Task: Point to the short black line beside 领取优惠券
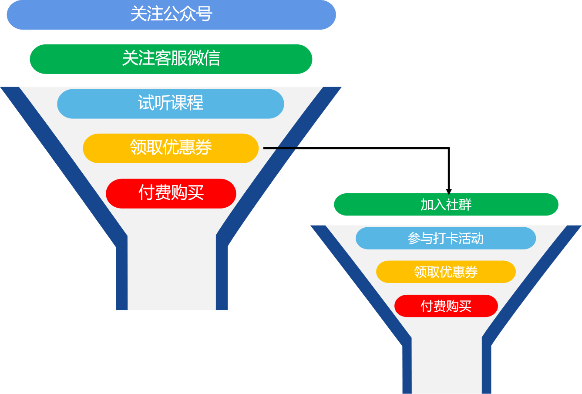[x=279, y=148]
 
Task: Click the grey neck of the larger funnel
[x=172, y=274]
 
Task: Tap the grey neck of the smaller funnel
[x=447, y=366]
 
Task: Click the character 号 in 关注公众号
[x=204, y=14]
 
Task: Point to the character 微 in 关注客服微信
[x=195, y=58]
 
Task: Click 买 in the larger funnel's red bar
[x=196, y=192]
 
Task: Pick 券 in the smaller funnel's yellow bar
[x=471, y=272]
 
